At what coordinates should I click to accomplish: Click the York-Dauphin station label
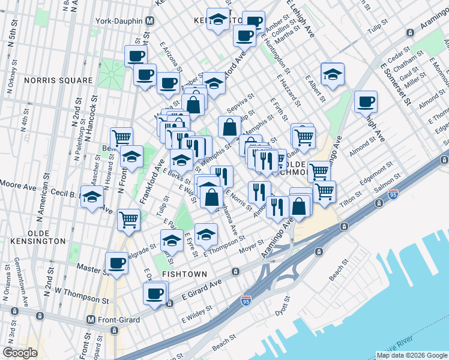tap(119, 21)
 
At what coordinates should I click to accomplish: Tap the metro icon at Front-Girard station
tap(91, 320)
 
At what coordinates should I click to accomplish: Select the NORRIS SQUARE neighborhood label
tap(58, 80)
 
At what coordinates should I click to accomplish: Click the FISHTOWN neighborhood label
tap(184, 274)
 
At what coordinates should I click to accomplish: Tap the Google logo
tap(20, 352)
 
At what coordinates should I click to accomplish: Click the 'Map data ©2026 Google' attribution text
tap(411, 355)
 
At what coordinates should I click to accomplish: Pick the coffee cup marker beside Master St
tap(116, 262)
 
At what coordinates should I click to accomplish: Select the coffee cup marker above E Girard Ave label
tap(154, 294)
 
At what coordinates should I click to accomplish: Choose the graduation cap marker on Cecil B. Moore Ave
tap(92, 197)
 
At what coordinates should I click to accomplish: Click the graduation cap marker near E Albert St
tap(332, 74)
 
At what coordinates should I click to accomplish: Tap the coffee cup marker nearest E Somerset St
tap(365, 101)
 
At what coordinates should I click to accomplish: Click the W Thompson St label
tap(74, 296)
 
